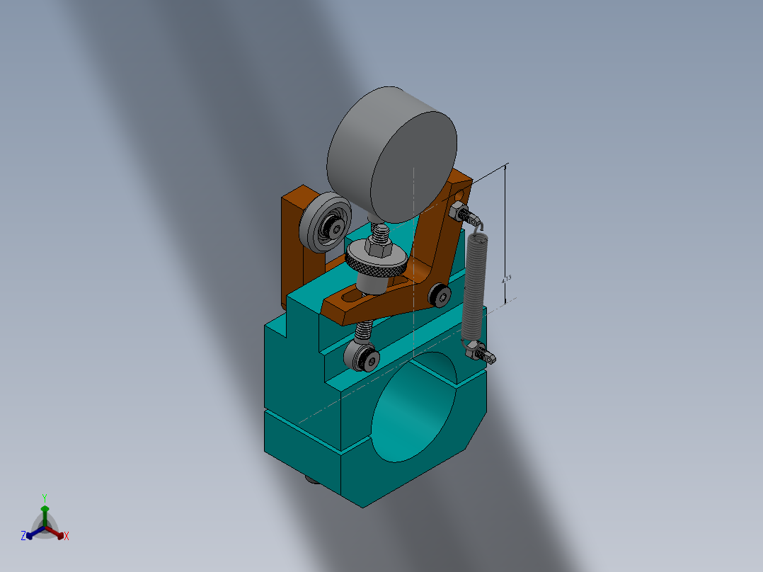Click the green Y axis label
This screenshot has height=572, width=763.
pyautogui.click(x=45, y=497)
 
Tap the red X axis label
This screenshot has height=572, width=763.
pyautogui.click(x=67, y=536)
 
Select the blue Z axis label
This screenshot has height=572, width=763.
pyautogui.click(x=23, y=536)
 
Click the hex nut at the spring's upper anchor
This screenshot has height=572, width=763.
pyautogui.click(x=458, y=210)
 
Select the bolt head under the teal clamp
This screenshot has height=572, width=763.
pyautogui.click(x=311, y=480)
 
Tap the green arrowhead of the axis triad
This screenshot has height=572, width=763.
pyautogui.click(x=45, y=508)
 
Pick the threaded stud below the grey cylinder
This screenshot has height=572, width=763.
pyautogui.click(x=380, y=231)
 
